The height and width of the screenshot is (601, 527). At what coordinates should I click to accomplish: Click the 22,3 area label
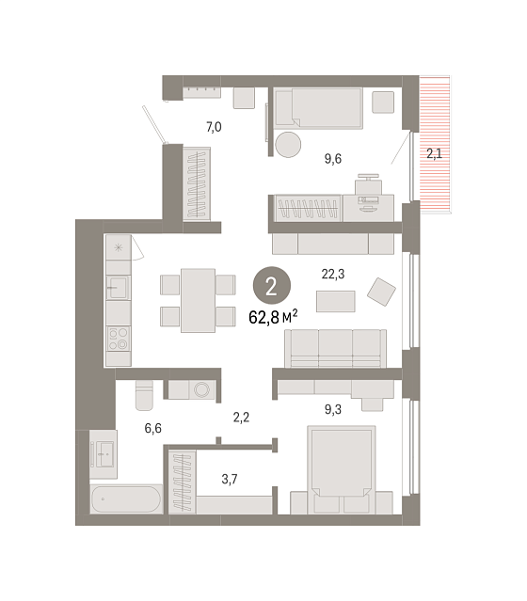332,274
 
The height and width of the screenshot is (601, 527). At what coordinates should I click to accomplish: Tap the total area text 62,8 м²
273,317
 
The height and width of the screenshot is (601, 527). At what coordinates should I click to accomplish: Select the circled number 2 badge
272,286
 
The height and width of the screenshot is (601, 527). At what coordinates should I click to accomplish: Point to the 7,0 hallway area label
214,126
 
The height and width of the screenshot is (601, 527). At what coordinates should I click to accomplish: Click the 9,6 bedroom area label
333,158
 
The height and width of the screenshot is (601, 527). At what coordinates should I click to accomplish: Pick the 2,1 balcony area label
434,153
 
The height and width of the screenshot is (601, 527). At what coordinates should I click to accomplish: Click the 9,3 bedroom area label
333,409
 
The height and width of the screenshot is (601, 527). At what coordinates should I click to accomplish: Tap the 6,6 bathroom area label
152,428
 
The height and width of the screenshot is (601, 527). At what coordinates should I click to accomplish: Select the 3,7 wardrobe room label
230,479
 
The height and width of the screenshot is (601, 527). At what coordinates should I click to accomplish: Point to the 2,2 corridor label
241,417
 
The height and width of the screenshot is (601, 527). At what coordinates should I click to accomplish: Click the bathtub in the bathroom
126,499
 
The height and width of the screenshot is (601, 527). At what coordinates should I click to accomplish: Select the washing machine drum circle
201,389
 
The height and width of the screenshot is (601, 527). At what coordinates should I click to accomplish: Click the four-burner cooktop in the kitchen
119,339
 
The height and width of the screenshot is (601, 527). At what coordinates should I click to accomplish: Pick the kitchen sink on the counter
119,288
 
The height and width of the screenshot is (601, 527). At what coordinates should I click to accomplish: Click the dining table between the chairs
198,301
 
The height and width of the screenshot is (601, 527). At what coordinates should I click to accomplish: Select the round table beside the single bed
288,145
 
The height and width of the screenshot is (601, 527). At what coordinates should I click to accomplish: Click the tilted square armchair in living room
381,292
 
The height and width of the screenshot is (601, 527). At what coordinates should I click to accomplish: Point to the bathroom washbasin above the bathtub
104,454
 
